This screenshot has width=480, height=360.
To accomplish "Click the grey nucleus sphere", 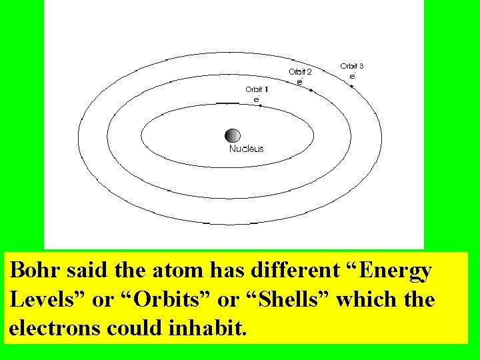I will tap(233, 135).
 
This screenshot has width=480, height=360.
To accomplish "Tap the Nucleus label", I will tap(247, 149).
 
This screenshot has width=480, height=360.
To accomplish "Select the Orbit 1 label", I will tap(257, 89).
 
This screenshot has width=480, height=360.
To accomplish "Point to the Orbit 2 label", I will tap(300, 71).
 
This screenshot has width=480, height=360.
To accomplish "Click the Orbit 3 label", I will tap(352, 66).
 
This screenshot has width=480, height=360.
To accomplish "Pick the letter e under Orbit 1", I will tap(256, 99).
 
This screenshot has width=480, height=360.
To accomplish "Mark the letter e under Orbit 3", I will tap(352, 76).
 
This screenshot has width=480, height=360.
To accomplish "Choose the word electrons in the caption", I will tap(54, 329).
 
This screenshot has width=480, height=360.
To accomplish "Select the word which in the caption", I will tap(367, 299).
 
